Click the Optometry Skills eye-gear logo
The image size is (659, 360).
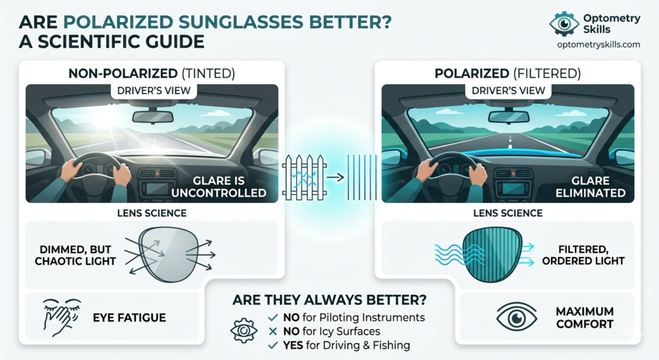point(564,23)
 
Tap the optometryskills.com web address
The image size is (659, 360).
point(599,44)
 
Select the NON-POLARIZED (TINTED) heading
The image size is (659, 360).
point(152,73)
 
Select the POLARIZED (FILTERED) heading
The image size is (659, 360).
point(507,73)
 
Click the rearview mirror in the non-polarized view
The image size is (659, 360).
point(153,117)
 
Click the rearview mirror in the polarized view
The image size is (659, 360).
point(508,117)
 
